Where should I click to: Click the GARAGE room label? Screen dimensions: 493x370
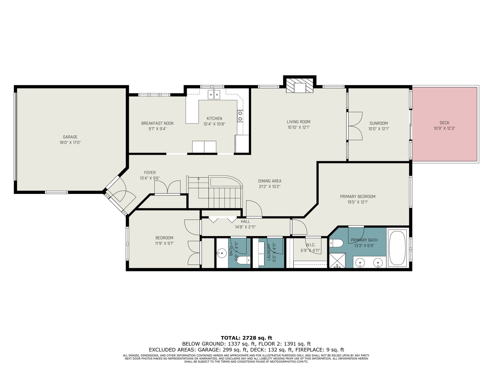(x=70, y=137)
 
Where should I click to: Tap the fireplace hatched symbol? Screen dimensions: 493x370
(x=299, y=85)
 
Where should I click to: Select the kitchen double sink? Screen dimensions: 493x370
(x=214, y=94)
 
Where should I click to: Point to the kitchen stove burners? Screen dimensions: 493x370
(x=240, y=116)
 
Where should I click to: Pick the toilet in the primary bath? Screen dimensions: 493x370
(x=336, y=243)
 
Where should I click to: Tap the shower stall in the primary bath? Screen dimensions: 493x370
(x=337, y=260)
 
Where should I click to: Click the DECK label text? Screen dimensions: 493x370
(x=444, y=123)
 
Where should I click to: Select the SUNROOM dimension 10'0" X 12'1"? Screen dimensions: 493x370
(x=378, y=129)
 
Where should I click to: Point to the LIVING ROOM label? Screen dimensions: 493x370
(x=299, y=122)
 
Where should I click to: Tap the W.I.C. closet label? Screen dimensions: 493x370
(x=310, y=245)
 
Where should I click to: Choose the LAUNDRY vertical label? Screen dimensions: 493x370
(x=269, y=252)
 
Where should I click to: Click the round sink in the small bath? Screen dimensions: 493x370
(x=222, y=253)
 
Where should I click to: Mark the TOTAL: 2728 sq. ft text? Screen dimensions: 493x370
(x=246, y=338)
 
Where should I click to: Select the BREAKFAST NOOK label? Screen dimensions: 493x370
(x=157, y=123)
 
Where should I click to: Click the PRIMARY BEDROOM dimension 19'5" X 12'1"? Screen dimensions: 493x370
(x=357, y=202)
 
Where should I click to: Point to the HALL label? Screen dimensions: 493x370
(x=245, y=221)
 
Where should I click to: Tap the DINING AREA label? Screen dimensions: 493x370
(x=270, y=181)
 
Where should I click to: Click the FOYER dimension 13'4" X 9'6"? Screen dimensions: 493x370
(x=149, y=179)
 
